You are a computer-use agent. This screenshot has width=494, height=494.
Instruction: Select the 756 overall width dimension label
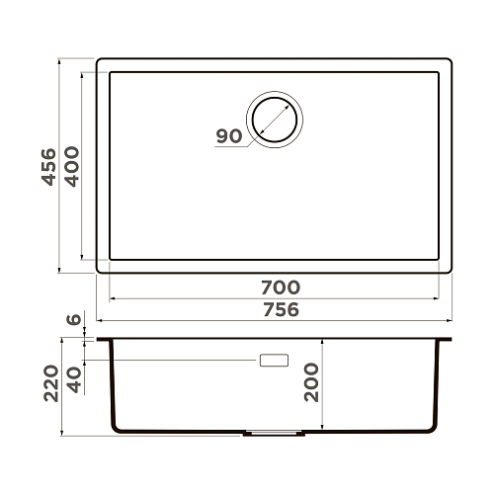(280, 309)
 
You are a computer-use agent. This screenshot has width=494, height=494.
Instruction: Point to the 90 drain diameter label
(228, 136)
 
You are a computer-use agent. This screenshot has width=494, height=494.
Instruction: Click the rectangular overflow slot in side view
(274, 361)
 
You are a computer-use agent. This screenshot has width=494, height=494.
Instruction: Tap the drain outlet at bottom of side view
(271, 434)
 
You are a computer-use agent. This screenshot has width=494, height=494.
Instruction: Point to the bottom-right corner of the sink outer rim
(450, 270)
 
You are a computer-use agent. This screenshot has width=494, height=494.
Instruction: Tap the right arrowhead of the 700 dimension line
(439, 297)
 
